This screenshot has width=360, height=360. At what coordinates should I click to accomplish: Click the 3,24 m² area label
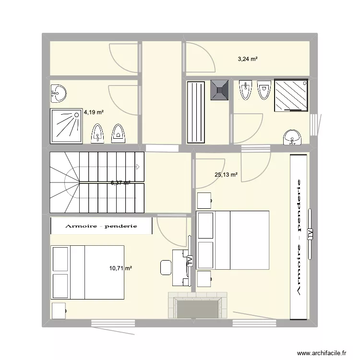coord(248,59)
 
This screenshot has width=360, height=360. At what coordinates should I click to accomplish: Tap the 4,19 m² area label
coord(94,112)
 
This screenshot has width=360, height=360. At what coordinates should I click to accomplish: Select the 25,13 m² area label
coord(226,175)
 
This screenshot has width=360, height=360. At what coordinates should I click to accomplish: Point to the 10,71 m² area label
coord(121,269)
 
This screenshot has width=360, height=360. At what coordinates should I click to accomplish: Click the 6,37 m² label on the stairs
coord(121,183)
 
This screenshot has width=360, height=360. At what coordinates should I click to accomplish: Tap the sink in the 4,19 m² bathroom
coord(58,93)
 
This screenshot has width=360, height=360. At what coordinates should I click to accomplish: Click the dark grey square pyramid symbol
coord(219,89)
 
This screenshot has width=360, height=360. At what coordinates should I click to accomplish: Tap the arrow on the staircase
coord(137,168)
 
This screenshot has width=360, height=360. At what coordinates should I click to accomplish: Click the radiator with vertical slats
coord(195,112)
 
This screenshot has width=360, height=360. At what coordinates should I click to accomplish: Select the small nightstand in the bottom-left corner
coord(59,311)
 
